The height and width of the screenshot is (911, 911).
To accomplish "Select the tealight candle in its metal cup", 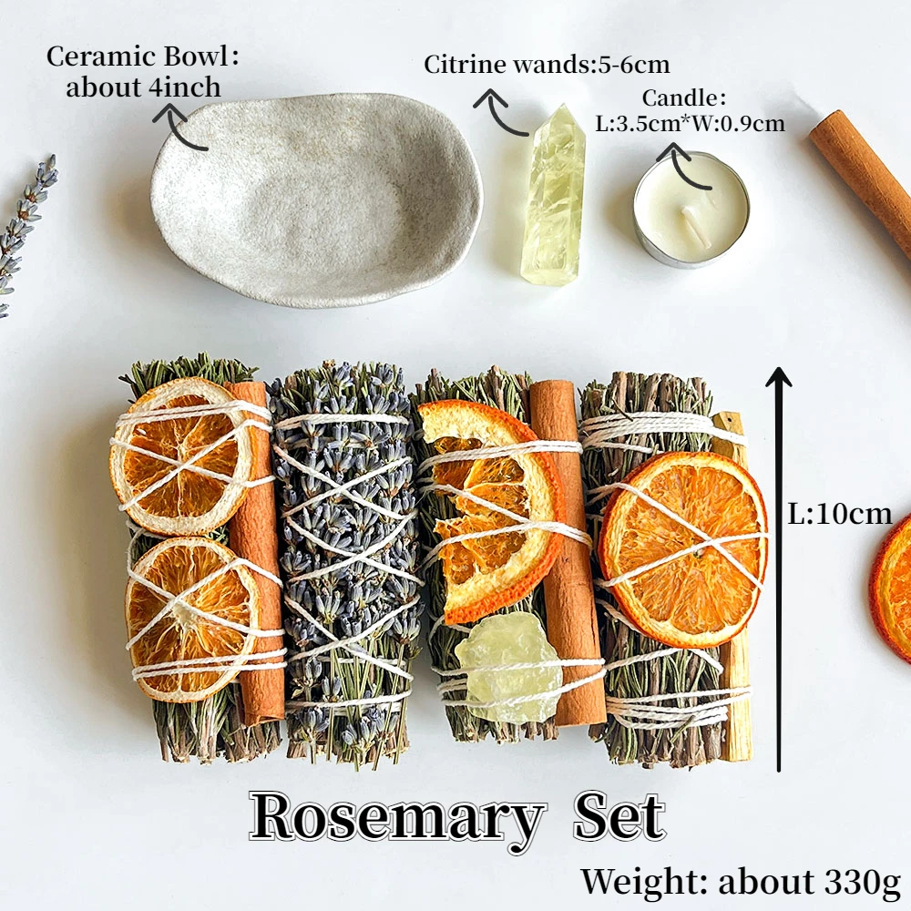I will (691, 210).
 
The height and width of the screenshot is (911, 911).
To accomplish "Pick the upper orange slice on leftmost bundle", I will (182, 455).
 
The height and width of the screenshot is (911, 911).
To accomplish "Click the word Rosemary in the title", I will (397, 817).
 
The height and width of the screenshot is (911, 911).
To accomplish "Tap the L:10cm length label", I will (840, 514).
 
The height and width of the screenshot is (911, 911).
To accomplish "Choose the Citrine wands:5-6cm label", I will (547, 65).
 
